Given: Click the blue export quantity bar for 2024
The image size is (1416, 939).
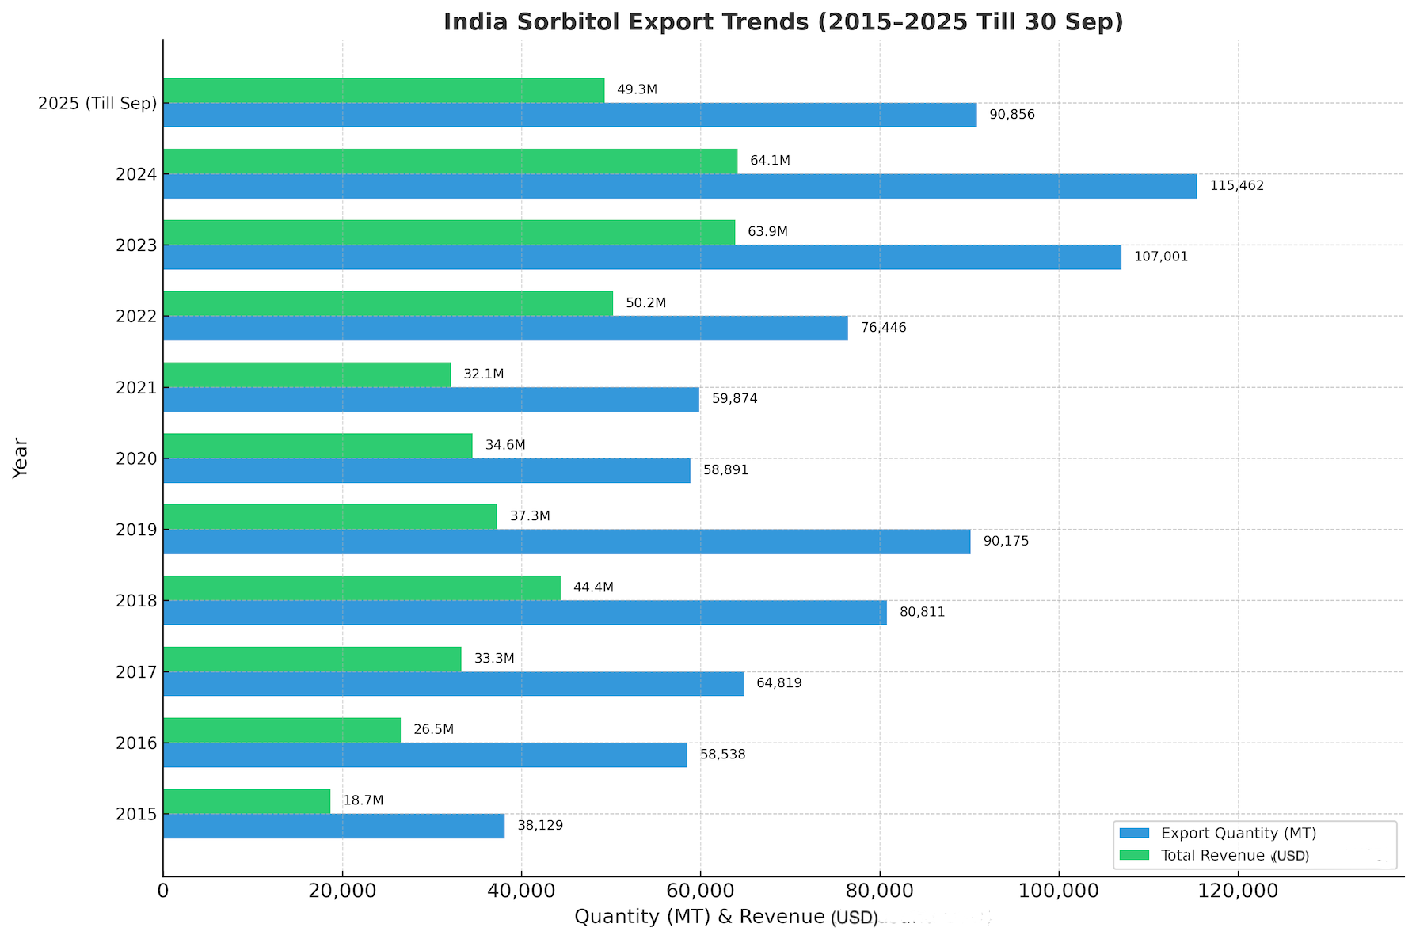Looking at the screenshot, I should (679, 186).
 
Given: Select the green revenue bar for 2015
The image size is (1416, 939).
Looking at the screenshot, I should (246, 801).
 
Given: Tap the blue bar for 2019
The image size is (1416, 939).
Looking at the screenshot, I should (566, 542).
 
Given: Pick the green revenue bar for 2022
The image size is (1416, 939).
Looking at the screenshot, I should (387, 303).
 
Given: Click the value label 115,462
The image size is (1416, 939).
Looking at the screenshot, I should (1236, 186).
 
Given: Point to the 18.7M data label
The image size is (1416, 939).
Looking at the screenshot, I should (363, 800).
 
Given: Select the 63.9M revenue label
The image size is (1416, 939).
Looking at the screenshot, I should (767, 232).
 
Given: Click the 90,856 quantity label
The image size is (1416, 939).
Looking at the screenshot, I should (1011, 115).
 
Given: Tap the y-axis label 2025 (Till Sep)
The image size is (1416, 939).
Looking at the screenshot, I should (97, 103).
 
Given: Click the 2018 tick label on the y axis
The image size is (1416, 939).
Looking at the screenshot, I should (136, 601).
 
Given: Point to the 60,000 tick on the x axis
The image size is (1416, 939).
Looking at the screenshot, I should (699, 891).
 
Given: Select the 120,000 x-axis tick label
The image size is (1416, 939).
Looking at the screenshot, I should (1237, 891).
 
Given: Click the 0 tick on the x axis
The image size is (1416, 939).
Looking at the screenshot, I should (163, 891).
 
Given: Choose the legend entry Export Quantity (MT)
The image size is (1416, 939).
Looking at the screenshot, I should (1238, 833).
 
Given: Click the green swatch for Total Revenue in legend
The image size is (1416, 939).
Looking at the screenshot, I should (1134, 855).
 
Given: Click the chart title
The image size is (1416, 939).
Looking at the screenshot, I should (782, 21).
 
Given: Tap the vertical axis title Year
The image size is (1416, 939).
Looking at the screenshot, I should (21, 458).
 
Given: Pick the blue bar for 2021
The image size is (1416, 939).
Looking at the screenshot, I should (431, 399).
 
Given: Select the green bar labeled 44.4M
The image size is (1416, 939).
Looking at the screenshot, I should (361, 587).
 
